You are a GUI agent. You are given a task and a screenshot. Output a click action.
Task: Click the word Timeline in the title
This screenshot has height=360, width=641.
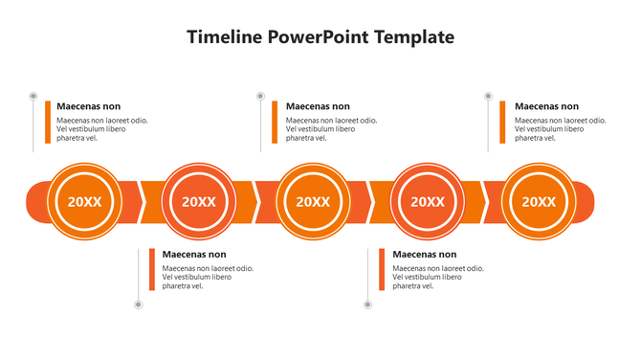coord(225,37)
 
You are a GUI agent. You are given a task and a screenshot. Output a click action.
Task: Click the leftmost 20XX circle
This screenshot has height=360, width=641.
coord(84,201)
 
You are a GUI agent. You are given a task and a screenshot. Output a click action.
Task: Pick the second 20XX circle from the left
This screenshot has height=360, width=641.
coord(199,201)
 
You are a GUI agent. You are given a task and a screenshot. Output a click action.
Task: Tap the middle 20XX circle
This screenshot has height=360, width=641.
coord(313,201)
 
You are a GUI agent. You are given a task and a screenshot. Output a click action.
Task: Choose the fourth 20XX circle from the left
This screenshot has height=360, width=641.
coord(428,201)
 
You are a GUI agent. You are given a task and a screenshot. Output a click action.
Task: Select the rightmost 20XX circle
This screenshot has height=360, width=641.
coord(539,201)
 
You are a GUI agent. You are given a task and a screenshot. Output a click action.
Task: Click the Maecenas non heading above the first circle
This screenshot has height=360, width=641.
coord(89,106)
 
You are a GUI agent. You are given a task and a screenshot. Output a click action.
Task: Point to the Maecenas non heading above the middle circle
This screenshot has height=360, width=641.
coord(318,106)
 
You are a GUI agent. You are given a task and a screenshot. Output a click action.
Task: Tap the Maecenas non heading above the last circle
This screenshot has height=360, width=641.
coord(546,106)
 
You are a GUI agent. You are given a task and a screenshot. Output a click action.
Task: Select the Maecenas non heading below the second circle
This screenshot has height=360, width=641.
coord(194,255)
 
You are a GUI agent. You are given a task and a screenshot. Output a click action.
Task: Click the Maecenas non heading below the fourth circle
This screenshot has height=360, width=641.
coord(425,255)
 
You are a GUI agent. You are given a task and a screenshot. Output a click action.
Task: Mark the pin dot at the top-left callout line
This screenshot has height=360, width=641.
coord(33,97)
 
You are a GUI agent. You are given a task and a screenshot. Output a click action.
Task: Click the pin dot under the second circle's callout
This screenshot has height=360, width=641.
coord(139,304)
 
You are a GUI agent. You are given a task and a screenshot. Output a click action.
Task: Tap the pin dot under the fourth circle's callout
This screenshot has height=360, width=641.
coord(368,304)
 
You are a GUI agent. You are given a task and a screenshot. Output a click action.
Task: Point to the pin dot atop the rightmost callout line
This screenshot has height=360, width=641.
coord(489,97)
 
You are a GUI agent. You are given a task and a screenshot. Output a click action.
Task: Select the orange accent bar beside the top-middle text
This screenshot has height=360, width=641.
coord(275,123)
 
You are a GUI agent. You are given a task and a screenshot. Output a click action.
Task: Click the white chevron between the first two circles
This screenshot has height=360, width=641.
coord(143,201)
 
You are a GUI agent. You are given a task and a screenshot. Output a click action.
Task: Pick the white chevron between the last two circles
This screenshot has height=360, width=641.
coord(484,201)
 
